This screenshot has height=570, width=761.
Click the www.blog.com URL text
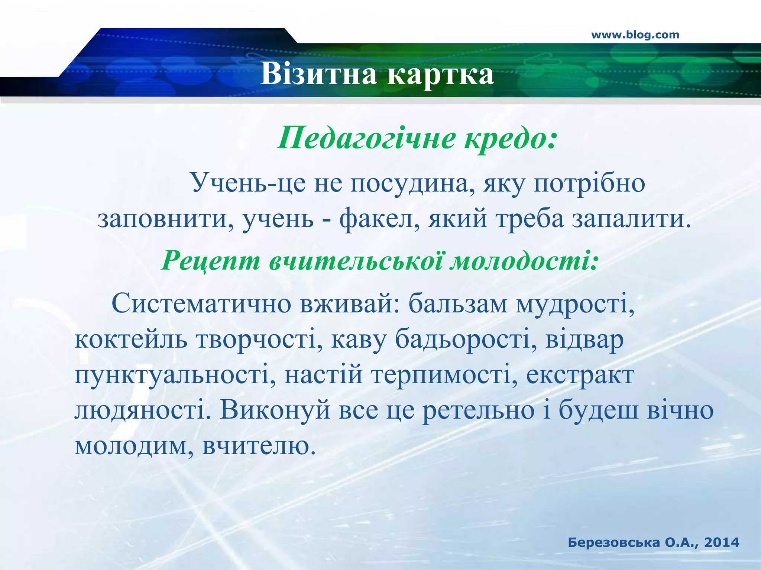[635, 35]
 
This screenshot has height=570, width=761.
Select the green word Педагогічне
[366, 138]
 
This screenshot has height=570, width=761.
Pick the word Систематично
[201, 304]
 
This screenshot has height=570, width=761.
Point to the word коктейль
[131, 340]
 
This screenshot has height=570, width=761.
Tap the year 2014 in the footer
[721, 543]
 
